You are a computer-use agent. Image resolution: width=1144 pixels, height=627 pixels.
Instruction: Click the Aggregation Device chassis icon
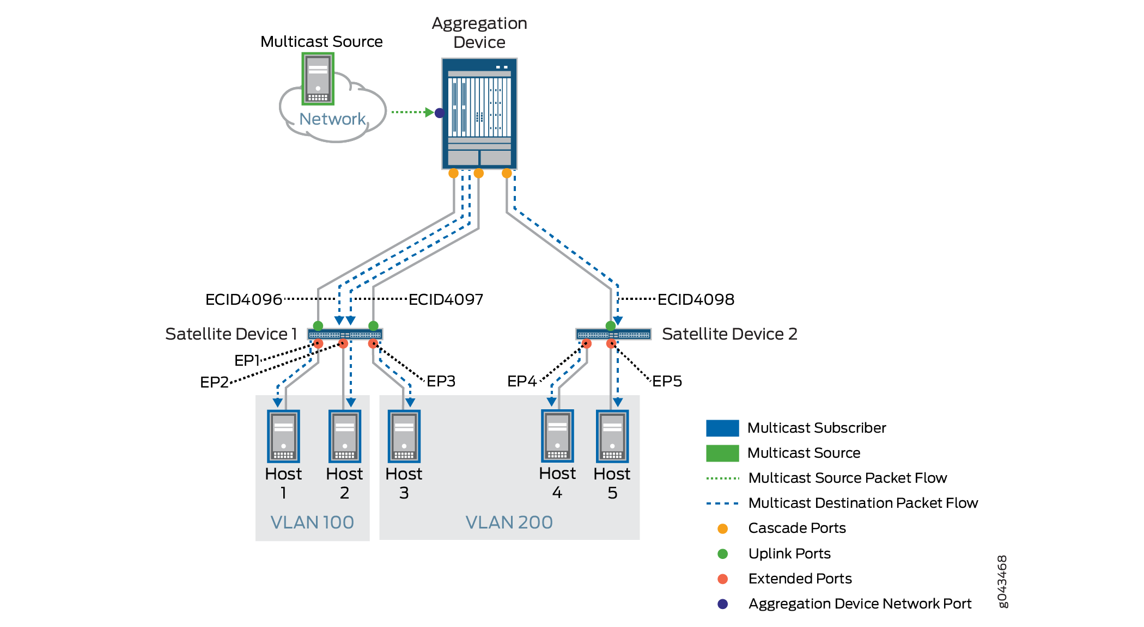479,114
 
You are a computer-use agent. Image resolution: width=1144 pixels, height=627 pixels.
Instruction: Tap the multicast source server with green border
318,79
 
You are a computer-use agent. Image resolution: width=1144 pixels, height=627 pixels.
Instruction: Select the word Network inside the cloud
332,119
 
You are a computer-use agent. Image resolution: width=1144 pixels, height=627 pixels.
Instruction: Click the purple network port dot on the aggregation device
440,113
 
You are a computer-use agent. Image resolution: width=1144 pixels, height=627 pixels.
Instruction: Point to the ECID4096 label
244,299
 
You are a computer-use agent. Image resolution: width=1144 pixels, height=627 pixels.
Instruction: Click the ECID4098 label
696,299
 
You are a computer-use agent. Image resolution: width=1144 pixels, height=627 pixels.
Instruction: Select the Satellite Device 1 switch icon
345,334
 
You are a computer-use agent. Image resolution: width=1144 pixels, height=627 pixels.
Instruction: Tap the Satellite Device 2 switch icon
613,334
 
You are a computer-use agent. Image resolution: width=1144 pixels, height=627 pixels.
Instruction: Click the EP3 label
441,381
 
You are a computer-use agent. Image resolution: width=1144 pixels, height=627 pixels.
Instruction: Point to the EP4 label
522,381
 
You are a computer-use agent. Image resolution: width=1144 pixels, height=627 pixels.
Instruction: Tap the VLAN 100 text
312,522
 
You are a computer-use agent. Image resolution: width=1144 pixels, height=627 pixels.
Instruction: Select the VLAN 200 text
509,522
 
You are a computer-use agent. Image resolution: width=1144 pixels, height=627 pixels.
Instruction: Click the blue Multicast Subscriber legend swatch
722,428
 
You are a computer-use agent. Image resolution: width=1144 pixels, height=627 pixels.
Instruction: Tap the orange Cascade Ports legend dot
723,528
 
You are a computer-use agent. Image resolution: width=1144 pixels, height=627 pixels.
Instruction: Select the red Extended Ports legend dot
723,579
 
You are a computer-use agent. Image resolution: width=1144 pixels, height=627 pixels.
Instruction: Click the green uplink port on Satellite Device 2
611,326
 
